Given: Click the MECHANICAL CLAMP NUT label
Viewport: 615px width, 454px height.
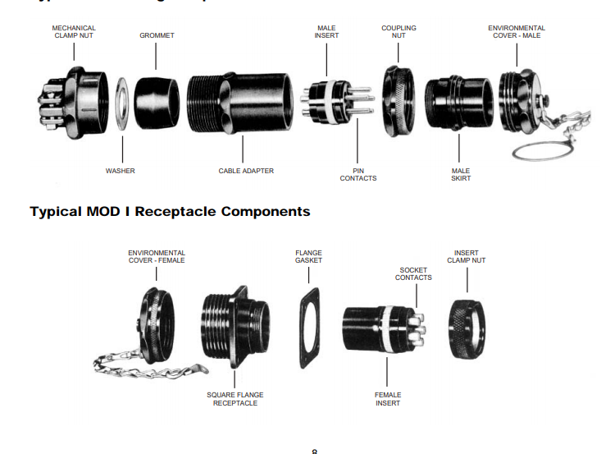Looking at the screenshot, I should [x=74, y=32].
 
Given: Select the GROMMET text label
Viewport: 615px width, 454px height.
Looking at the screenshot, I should [x=157, y=36].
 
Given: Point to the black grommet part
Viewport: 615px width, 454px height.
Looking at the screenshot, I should [x=157, y=103].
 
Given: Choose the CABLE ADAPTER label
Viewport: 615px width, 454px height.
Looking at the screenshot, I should [x=246, y=171].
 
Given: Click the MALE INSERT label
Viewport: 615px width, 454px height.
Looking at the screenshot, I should [x=326, y=32].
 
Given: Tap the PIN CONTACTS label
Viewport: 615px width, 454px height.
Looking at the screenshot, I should [x=358, y=174].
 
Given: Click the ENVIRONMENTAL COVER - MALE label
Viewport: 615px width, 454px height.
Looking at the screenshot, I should [x=517, y=32].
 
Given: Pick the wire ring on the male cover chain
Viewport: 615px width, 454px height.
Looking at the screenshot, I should [x=537, y=150].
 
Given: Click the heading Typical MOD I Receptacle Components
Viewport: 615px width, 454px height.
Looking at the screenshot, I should [x=170, y=211].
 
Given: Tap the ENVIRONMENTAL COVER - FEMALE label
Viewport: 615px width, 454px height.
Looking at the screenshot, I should [x=157, y=257].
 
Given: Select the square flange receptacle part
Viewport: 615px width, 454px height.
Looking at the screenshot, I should [x=235, y=326].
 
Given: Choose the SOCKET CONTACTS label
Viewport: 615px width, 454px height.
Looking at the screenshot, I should [x=413, y=273].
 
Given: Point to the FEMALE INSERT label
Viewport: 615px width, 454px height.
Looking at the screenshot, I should [x=388, y=398].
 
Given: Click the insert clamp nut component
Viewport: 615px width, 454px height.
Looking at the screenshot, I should [x=468, y=328].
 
